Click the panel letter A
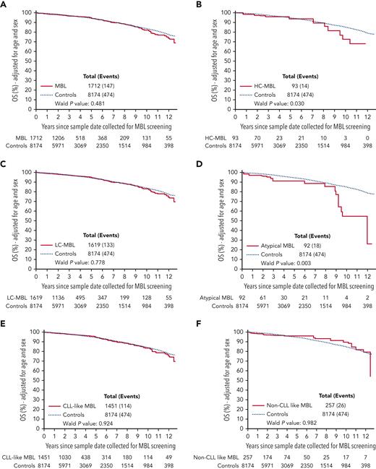(4, 4)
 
